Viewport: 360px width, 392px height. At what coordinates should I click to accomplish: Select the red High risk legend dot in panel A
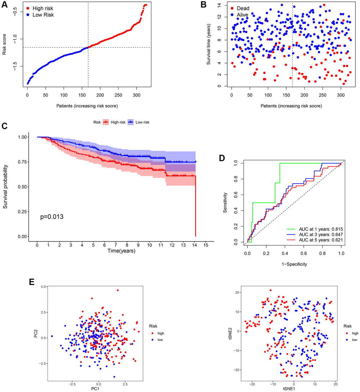coord(29,8)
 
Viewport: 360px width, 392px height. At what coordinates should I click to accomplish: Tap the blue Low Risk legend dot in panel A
coord(29,15)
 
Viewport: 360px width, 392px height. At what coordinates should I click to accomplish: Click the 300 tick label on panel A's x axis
coord(108,96)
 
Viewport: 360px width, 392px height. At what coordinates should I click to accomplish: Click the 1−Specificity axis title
coord(294,263)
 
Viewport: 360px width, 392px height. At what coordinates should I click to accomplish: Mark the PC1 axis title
coord(98,388)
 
